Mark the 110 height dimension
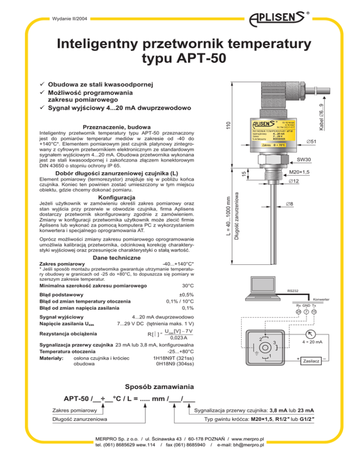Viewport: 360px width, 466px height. click(x=228, y=126)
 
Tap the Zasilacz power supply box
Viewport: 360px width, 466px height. click(x=311, y=361)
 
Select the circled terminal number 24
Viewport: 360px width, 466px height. click(x=298, y=312)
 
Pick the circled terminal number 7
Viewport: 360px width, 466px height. click(x=306, y=312)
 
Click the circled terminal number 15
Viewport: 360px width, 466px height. click(x=314, y=312)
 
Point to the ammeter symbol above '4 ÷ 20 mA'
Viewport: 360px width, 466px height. click(x=311, y=334)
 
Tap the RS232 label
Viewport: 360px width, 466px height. click(x=293, y=291)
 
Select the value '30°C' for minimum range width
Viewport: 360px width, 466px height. click(x=187, y=286)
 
